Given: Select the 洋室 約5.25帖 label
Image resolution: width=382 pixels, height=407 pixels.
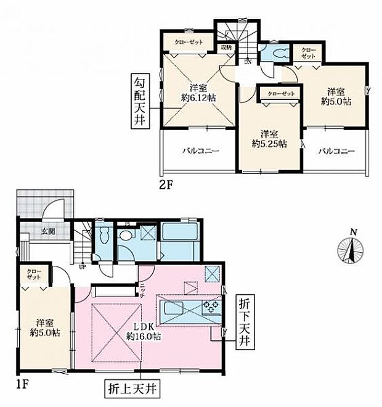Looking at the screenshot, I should [x=267, y=138].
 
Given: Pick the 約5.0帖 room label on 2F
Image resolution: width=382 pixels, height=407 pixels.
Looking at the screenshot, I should [x=336, y=96].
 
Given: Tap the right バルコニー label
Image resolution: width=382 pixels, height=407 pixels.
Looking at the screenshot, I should [x=336, y=150].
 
